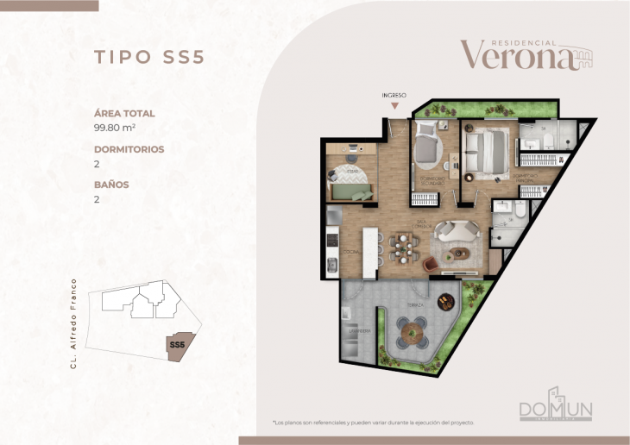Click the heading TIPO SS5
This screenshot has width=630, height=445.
pos(148,57)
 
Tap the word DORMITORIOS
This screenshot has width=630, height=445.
pos(129,148)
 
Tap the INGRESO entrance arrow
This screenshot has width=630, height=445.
pos(394,105)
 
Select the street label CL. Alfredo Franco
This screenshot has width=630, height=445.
pos(75,323)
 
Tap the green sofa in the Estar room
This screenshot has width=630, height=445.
pos(350,191)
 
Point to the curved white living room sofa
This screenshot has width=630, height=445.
pos(455,232)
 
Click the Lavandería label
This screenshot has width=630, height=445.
pos(360,331)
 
